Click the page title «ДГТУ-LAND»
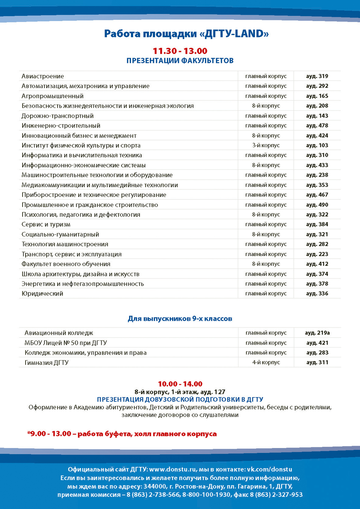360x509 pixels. pos(186,34)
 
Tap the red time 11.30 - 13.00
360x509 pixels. pos(180,51)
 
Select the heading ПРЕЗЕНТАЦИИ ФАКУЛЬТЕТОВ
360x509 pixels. pos(180,61)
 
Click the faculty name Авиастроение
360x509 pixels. pos(43,76)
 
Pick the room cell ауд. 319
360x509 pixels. pos(317,76)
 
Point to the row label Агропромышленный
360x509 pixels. pos(53,96)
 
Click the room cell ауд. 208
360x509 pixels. pos(317,106)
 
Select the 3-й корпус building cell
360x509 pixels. pos(266,145)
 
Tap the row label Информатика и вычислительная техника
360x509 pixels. pos(82,155)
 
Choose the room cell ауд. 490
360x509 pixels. pos(317,205)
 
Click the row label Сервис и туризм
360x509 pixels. pos(46,224)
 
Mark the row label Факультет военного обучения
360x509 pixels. pos(66,264)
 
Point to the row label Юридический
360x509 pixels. pos(43,294)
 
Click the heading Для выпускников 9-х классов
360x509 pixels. pos(180,319)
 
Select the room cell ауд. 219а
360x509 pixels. pos(317,333)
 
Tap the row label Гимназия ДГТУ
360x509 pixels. pos(47,363)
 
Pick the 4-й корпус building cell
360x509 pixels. pos(266,363)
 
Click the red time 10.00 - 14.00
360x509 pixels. pos(180,384)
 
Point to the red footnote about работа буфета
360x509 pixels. pos(122,434)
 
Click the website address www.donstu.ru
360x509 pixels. pos(173,469)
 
